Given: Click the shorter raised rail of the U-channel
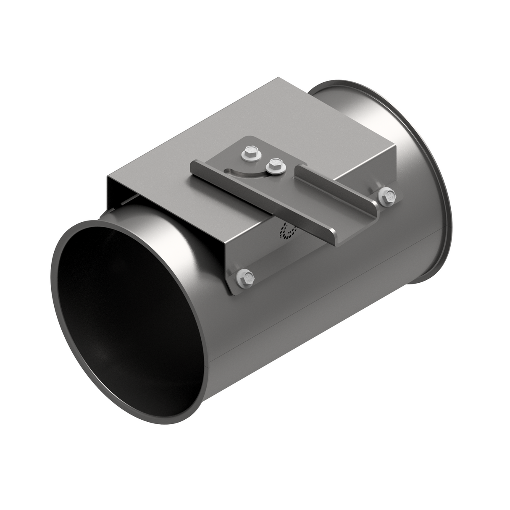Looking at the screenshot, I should [336, 185].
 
